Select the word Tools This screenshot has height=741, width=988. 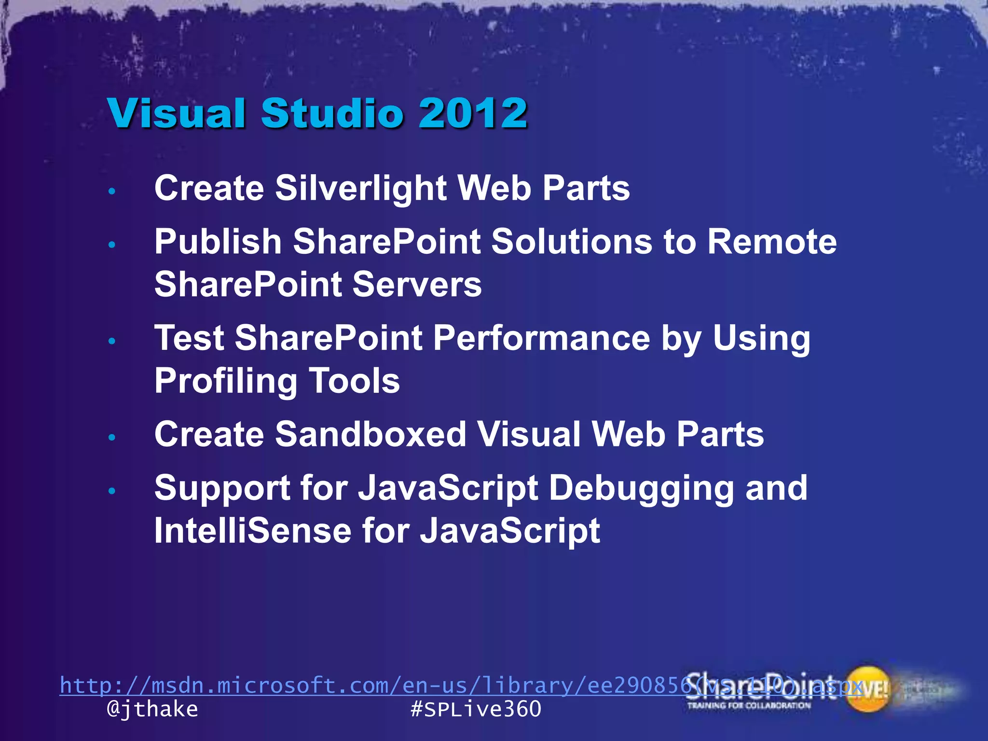[x=354, y=381]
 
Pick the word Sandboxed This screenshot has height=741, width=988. [x=370, y=434]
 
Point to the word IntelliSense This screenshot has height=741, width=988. [x=252, y=531]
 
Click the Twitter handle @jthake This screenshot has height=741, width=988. [x=152, y=709]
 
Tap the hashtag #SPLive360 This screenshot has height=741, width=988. [x=476, y=709]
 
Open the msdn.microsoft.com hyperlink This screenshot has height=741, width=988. [x=367, y=686]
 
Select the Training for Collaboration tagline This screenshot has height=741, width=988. [x=749, y=706]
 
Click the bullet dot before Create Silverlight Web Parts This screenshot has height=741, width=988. [x=112, y=192]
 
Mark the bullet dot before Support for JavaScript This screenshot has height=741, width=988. [x=112, y=491]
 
